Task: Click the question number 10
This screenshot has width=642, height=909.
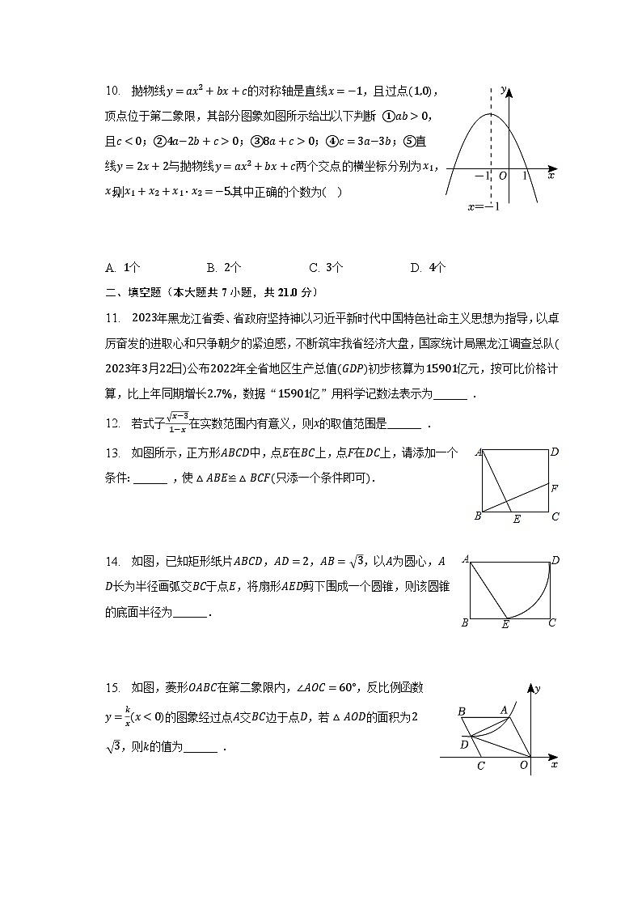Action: pos(112,91)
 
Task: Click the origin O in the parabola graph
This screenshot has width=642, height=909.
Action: pos(502,176)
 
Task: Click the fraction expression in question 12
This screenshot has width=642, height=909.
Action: pos(178,423)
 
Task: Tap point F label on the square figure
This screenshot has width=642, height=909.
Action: pos(554,488)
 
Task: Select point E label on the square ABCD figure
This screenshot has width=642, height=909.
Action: pos(517,519)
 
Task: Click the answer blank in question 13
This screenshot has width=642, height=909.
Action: pos(150,478)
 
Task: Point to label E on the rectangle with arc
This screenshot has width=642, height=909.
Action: pos(505,624)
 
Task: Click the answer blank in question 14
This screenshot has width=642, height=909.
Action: pos(191,613)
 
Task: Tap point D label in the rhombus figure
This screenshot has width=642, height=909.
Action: pos(464,744)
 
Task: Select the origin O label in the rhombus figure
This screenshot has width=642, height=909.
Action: pos(524,765)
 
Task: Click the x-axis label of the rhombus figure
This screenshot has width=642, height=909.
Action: pos(553,763)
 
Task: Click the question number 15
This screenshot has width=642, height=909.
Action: pos(112,688)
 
